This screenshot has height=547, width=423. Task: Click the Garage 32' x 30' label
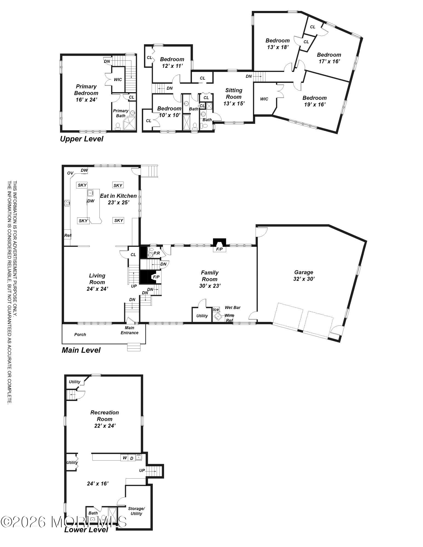pos(304,275)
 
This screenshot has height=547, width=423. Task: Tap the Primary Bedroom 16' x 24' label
pos(86,93)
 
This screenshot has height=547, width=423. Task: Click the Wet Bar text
pos(232,307)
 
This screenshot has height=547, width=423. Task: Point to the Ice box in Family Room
pos(216,310)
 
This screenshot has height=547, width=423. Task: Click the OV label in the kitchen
pos(70,173)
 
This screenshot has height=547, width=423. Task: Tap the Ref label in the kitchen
pos(67,235)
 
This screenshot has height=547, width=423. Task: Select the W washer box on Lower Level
pos(125,458)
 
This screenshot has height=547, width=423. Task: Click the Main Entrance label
pos(130,330)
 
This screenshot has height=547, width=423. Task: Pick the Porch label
pos(80,334)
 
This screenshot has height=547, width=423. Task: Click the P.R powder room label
pos(157,253)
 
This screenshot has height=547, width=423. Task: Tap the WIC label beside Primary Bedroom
pos(118,80)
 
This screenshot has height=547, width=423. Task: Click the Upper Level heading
pos(82,139)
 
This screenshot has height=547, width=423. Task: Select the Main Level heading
pos(81,350)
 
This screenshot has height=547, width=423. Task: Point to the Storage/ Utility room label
pos(136,511)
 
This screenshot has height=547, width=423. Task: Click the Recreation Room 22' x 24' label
pos(105,419)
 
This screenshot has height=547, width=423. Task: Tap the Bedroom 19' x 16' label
pos(315,101)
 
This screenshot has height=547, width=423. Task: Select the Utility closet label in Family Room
pos(202,316)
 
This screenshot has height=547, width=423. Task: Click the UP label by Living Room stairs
pos(134,286)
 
